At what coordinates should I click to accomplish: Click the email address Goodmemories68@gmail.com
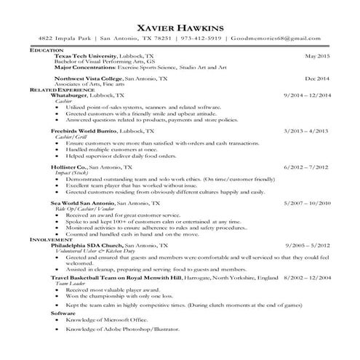276,39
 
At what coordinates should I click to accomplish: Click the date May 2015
317,55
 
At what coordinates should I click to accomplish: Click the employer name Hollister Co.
73,167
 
